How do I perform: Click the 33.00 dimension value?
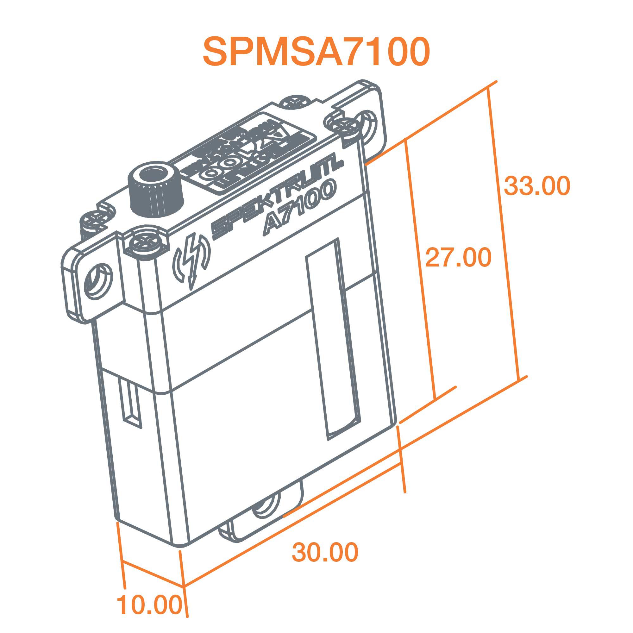click(x=537, y=186)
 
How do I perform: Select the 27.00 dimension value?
click(x=458, y=258)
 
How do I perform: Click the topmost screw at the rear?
click(x=296, y=102)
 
